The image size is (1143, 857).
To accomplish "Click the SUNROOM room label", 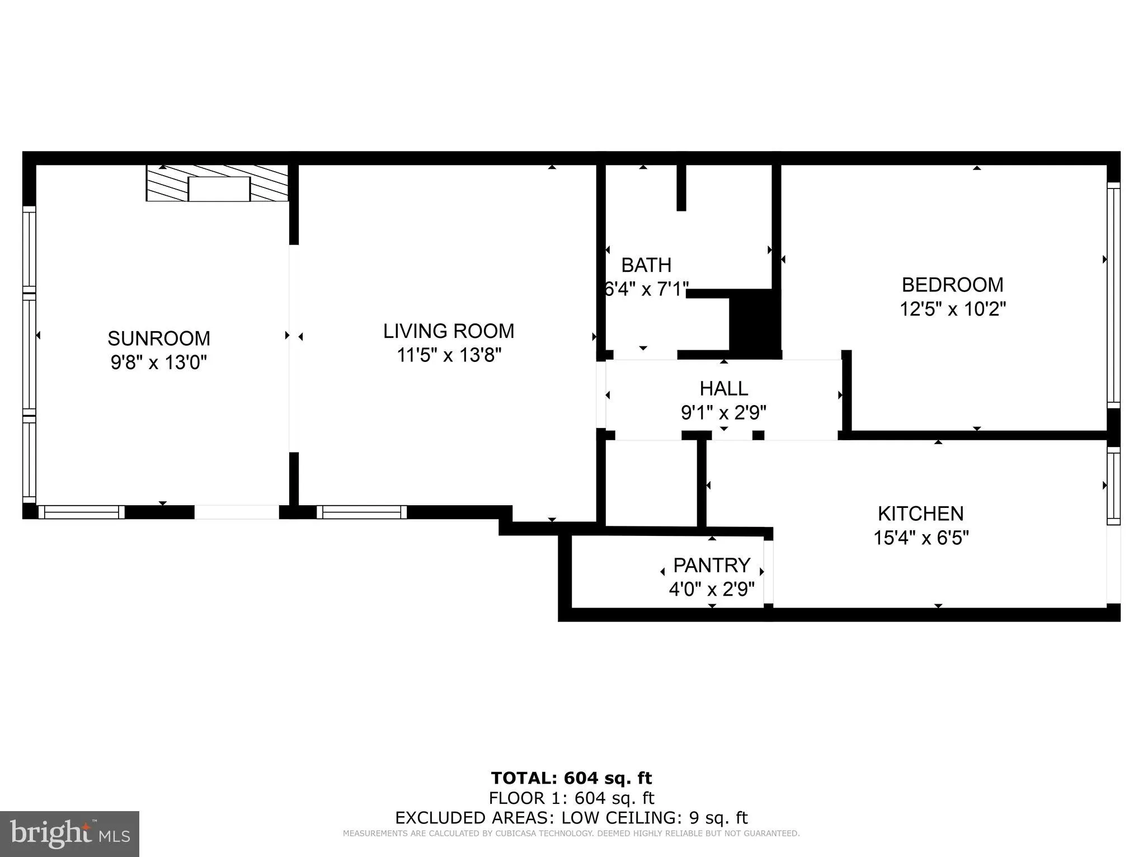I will (x=159, y=338).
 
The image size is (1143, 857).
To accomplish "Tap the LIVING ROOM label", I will (x=448, y=331).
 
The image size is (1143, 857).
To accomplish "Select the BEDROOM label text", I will (x=952, y=285).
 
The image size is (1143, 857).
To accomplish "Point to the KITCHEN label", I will (x=920, y=514).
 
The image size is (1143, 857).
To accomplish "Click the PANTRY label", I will (x=711, y=566).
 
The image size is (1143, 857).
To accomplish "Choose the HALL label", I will (x=723, y=388).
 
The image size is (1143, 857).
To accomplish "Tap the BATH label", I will (x=646, y=265).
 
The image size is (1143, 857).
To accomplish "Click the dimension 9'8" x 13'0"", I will (x=159, y=362).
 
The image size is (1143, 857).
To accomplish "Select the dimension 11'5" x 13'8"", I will (x=448, y=355).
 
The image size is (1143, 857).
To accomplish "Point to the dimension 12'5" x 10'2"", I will (x=952, y=309).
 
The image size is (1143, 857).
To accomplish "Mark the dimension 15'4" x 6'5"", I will (x=920, y=538).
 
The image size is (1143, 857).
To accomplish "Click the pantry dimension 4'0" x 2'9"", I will (x=711, y=589).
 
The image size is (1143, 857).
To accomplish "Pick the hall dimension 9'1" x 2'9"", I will (x=723, y=413).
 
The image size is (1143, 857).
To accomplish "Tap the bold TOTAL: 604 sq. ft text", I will (x=571, y=778).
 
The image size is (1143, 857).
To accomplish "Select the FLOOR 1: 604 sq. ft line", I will (x=571, y=798).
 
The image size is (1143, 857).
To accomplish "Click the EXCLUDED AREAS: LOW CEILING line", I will (x=571, y=818).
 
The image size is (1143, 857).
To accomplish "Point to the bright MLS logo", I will (x=69, y=834).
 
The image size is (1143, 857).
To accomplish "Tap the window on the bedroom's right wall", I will (x=1113, y=295).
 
